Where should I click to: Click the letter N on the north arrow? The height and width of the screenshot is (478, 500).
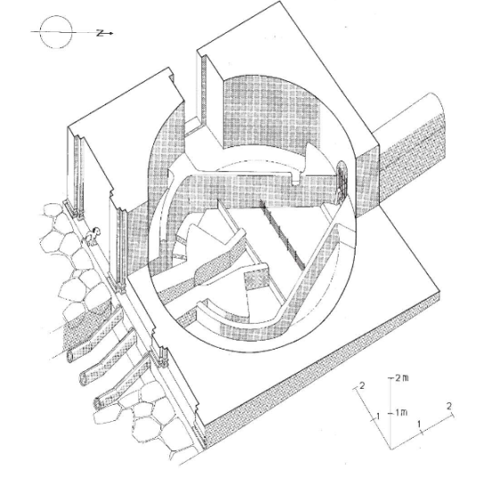pyautogui.click(x=101, y=33)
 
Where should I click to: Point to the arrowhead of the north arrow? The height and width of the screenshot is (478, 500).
pyautogui.click(x=111, y=33)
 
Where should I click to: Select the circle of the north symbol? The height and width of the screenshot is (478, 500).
pyautogui.click(x=56, y=32)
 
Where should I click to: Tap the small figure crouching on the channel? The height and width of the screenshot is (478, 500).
pyautogui.click(x=93, y=236)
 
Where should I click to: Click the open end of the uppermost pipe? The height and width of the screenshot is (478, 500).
pyautogui.click(x=70, y=356)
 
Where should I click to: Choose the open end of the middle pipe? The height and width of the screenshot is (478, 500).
pyautogui.click(x=84, y=379)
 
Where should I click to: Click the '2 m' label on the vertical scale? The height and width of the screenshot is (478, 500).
pyautogui.click(x=401, y=378)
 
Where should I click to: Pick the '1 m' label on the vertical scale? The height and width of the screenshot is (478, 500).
pyautogui.click(x=401, y=413)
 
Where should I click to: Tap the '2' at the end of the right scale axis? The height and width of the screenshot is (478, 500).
pyautogui.click(x=449, y=406)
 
